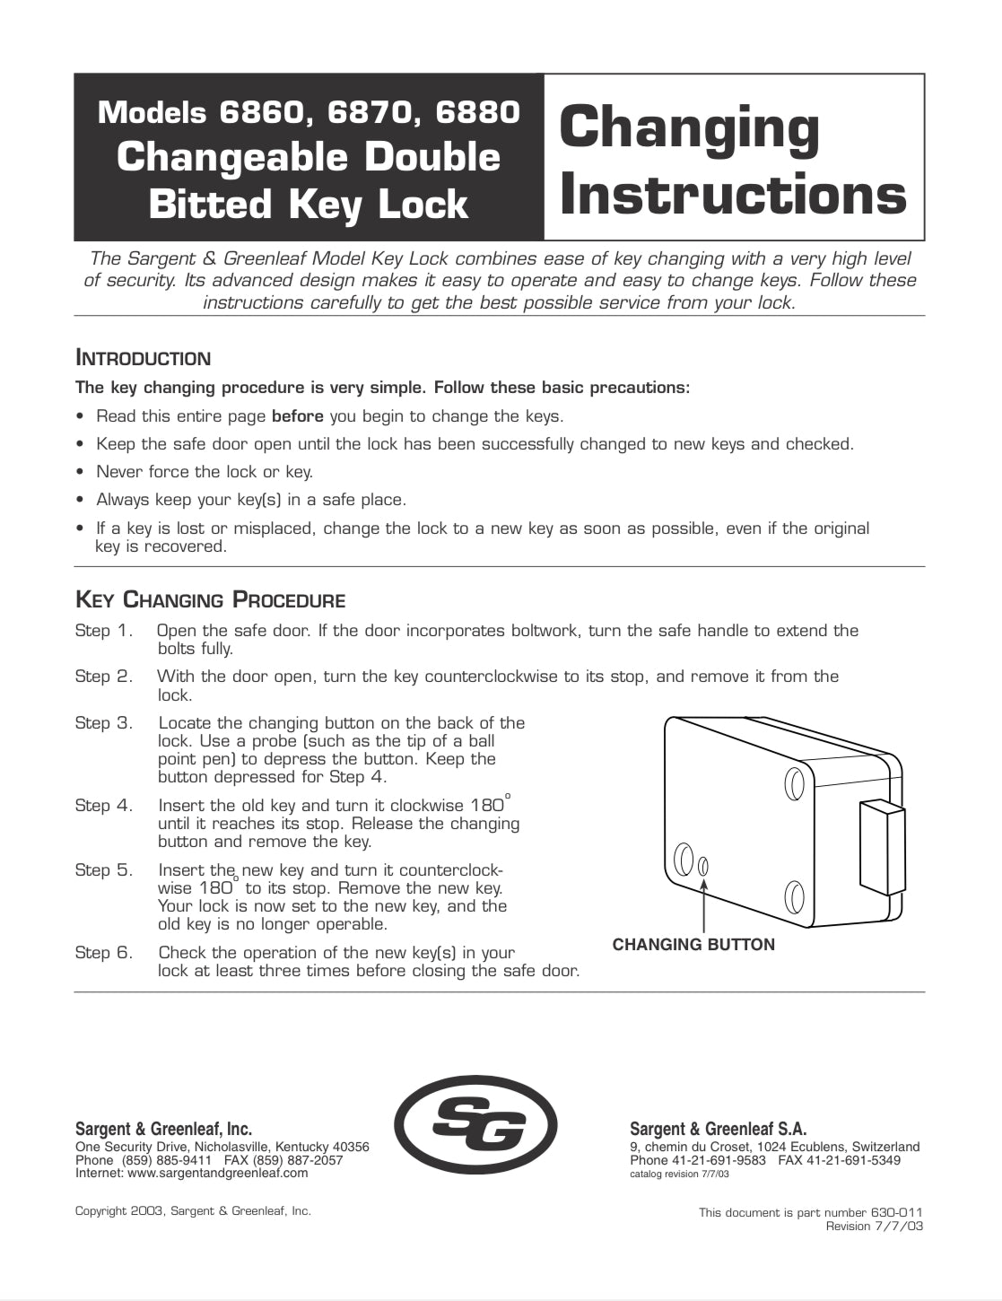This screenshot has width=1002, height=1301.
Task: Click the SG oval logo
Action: [476, 1125]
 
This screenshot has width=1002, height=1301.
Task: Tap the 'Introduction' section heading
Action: [143, 359]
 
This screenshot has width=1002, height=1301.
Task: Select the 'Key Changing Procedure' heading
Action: [210, 599]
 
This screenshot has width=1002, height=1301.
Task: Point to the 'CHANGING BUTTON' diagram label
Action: [693, 944]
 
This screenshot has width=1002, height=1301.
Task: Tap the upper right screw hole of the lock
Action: [794, 784]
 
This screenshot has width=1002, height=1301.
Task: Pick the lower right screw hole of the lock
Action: [794, 895]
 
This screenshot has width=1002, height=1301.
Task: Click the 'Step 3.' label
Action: [104, 723]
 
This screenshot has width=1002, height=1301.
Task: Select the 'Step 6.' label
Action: [104, 953]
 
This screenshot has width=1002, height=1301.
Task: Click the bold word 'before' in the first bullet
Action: [297, 416]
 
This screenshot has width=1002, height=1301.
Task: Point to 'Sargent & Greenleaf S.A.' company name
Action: [718, 1129]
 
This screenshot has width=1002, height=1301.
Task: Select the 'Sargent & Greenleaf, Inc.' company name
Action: [163, 1129]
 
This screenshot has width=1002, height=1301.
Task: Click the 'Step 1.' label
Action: [104, 631]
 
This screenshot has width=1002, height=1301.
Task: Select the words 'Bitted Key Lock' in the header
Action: [308, 205]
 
